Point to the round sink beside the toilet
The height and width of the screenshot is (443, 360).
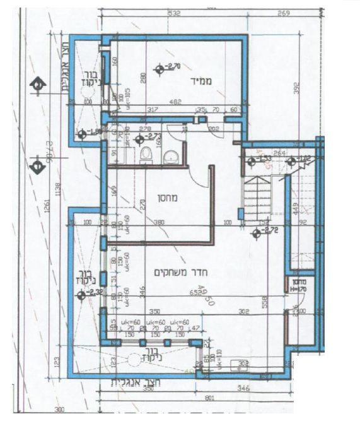point(171,157)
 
